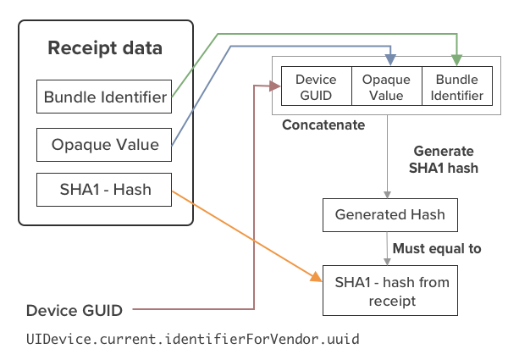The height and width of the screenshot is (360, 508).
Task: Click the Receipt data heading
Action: [105, 48]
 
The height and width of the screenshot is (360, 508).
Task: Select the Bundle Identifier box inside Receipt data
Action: [104, 97]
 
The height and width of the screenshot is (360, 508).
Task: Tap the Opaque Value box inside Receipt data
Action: [104, 145]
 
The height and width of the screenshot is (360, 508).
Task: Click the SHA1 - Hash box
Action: [104, 190]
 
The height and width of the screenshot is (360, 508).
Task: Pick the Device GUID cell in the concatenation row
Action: [316, 86]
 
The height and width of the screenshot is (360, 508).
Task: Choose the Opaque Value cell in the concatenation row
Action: [387, 86]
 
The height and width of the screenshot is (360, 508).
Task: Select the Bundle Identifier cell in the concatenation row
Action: [457, 86]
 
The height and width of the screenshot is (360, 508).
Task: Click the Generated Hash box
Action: [390, 215]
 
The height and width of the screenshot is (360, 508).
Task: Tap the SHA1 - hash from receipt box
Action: [390, 291]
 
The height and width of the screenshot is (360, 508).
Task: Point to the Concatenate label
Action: [323, 125]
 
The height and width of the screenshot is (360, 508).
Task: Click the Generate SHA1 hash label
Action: [444, 159]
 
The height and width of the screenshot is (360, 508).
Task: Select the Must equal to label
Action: [437, 248]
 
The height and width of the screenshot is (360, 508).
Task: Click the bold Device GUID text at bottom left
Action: [75, 310]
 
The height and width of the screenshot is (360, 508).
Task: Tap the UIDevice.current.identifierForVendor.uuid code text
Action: [193, 340]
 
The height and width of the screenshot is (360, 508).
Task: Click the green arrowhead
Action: [456, 60]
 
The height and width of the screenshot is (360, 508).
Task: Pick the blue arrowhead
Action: [390, 60]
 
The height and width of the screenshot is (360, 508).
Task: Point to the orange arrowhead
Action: [316, 277]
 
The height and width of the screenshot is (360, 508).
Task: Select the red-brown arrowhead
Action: [275, 86]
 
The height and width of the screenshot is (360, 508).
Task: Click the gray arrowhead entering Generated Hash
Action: [387, 195]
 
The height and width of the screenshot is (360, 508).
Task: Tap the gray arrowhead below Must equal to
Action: [387, 262]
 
